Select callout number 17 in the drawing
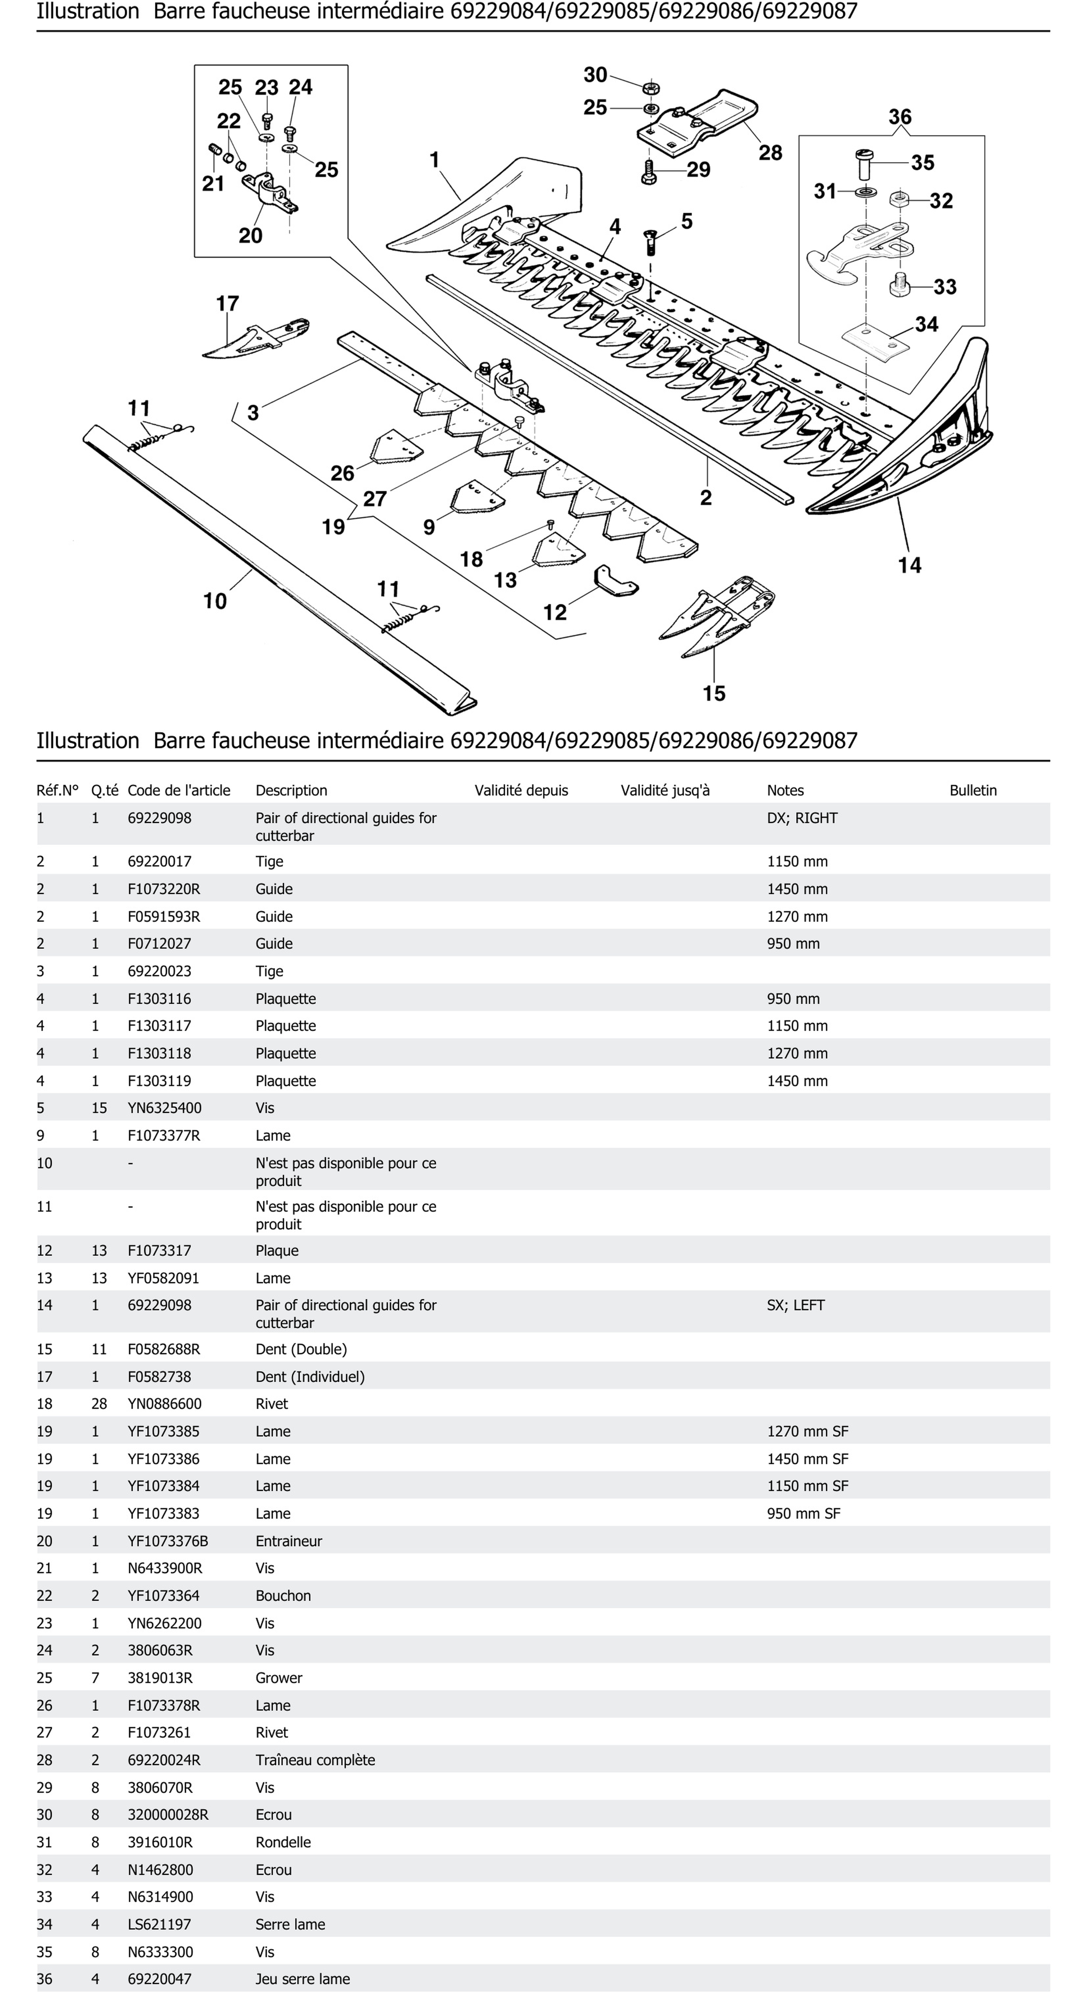(227, 303)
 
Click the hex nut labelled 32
(898, 200)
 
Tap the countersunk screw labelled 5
(650, 242)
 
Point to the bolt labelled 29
(650, 171)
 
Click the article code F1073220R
(163, 889)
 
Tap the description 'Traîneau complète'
(315, 1759)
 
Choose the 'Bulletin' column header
(973, 790)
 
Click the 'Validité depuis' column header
(521, 790)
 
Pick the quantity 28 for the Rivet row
(99, 1404)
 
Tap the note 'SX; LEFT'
(795, 1305)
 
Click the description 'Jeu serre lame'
(302, 1979)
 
